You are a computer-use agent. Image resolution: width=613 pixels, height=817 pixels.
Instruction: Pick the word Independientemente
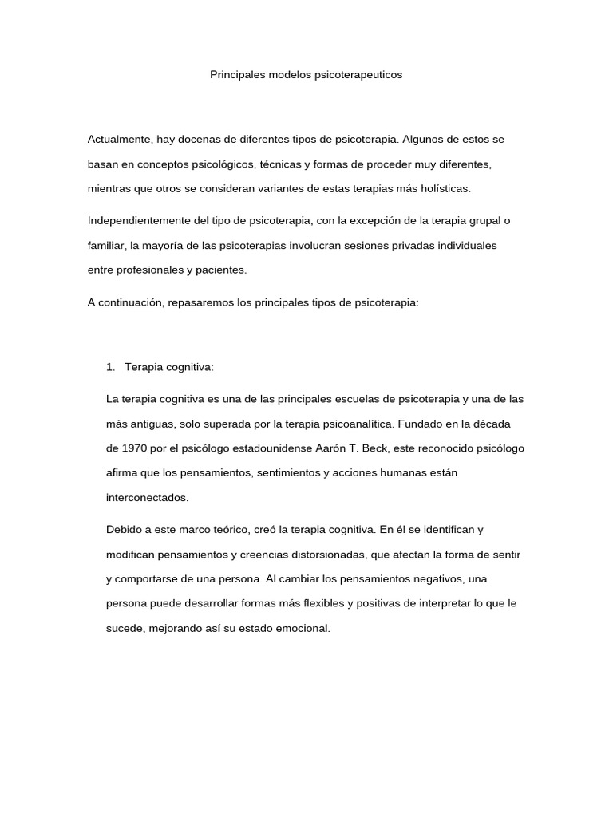139,220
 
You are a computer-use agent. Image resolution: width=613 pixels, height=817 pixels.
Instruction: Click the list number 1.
110,366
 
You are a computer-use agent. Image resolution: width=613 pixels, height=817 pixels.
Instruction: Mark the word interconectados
147,497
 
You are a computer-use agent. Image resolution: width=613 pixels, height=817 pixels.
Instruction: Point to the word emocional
303,628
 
